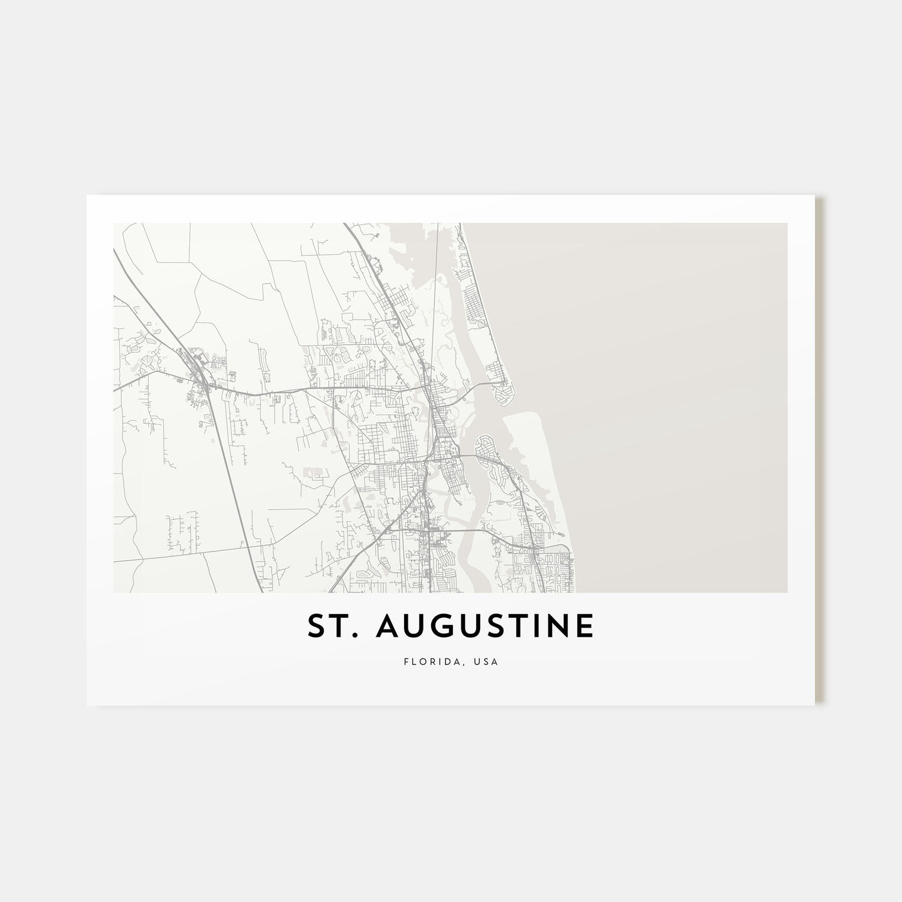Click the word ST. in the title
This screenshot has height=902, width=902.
331,626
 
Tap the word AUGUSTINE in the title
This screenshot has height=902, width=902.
485,626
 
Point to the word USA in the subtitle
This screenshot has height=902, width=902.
488,662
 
